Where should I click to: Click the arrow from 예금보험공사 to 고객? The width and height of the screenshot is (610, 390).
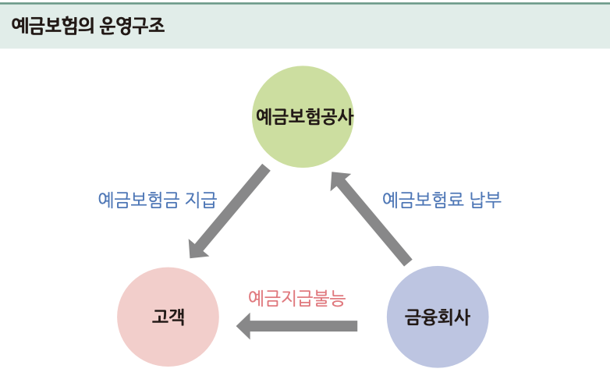point(230,210)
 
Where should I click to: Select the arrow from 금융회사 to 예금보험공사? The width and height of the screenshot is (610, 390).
point(372,219)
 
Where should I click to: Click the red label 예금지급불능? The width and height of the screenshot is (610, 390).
point(296,297)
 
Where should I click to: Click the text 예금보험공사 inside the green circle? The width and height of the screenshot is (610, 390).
point(303,117)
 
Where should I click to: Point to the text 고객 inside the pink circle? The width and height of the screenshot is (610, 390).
point(168,317)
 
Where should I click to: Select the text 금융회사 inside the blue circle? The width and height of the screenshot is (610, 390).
point(438,317)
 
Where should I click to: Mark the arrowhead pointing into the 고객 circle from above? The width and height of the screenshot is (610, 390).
point(198,248)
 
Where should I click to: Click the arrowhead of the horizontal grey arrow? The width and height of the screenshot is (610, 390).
point(243,325)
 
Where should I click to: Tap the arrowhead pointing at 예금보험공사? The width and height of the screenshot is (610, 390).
point(339,181)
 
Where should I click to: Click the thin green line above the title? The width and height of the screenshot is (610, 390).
point(305,2)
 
